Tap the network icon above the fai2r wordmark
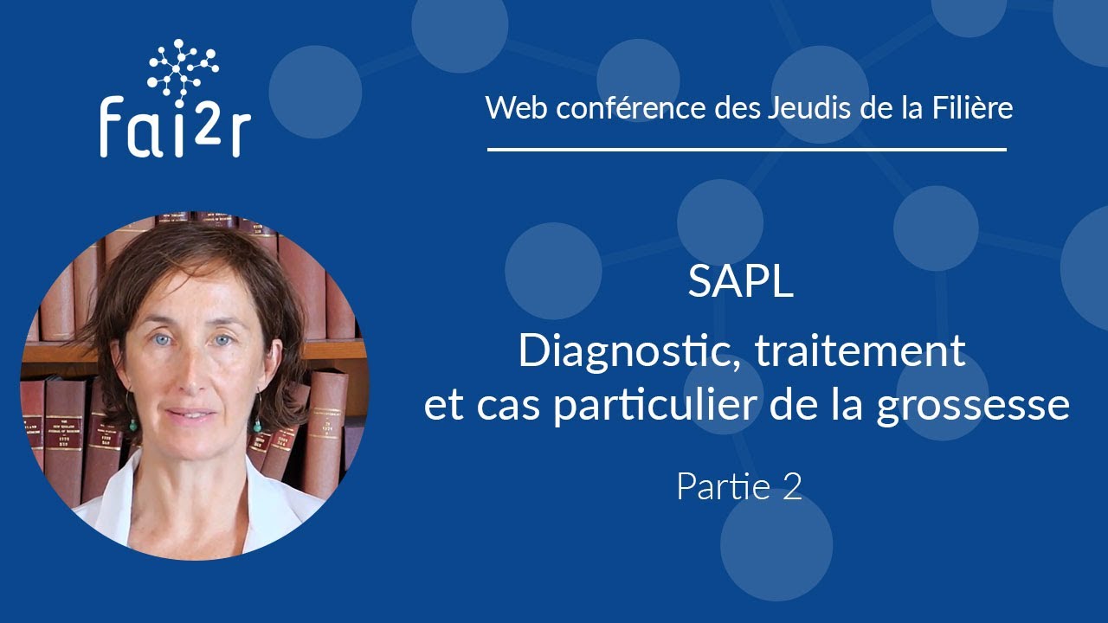183,66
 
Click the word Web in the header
512,108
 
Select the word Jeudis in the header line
808,108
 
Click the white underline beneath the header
747,150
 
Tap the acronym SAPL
741,283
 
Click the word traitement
860,351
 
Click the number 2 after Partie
792,488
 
